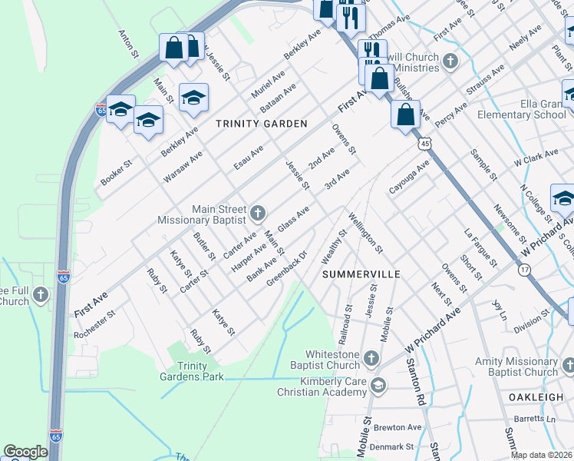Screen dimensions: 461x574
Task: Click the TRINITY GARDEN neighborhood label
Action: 261,124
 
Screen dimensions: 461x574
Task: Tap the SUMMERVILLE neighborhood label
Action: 361,274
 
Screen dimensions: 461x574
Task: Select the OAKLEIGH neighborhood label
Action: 540,396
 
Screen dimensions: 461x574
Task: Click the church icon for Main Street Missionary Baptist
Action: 258,212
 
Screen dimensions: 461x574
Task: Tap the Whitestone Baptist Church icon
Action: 371,358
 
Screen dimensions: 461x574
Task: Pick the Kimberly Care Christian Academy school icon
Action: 377,384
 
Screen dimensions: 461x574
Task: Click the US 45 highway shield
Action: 425,143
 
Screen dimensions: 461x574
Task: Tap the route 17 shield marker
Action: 524,270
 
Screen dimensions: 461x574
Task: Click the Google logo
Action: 25,452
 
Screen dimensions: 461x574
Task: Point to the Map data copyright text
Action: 542,455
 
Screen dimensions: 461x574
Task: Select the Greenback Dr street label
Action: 286,268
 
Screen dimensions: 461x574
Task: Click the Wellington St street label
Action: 365,234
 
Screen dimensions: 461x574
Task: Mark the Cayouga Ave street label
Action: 409,177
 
